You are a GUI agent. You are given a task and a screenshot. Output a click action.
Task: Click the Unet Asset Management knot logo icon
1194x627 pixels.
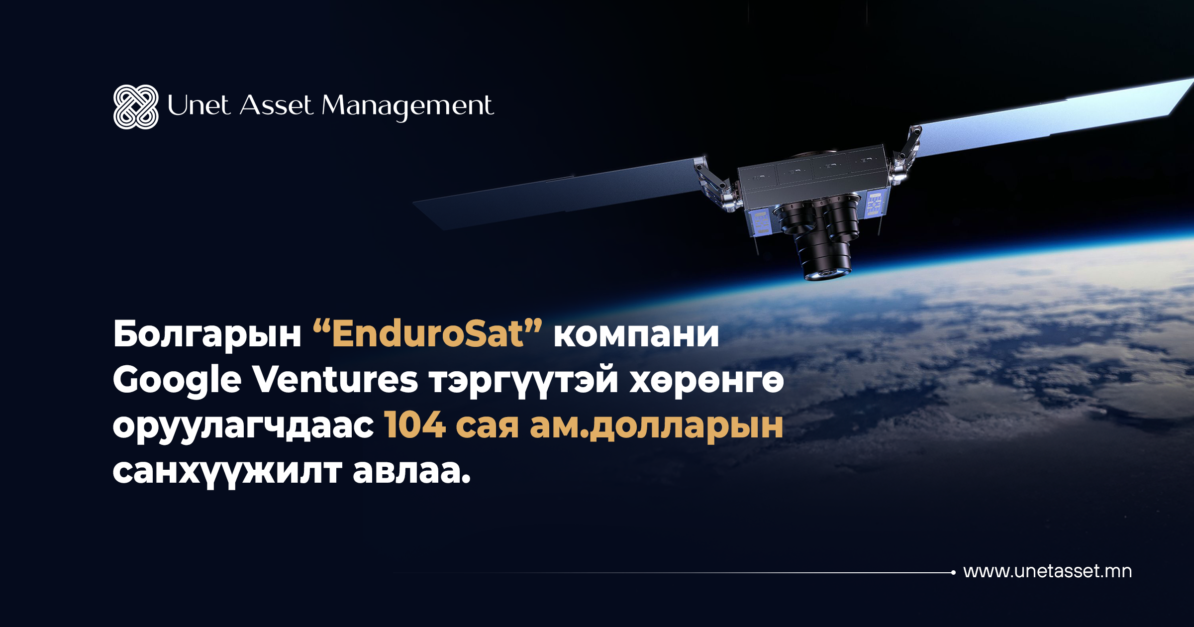pos(136,107)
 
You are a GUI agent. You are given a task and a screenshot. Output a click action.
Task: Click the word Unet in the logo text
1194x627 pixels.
pos(199,105)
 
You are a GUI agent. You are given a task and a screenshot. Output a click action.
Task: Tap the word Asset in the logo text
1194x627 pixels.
pos(276,105)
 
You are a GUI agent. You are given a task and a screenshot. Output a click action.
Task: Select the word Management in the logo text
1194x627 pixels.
pos(407,107)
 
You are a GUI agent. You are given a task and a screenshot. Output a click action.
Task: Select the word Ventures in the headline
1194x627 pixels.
pos(335,379)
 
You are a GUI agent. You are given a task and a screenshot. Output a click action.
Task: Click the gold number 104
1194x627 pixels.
pos(415,424)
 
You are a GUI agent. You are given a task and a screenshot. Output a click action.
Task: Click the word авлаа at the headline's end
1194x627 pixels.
pos(411,471)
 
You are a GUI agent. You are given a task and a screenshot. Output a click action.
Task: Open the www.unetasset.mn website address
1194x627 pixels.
pos(1047,571)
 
